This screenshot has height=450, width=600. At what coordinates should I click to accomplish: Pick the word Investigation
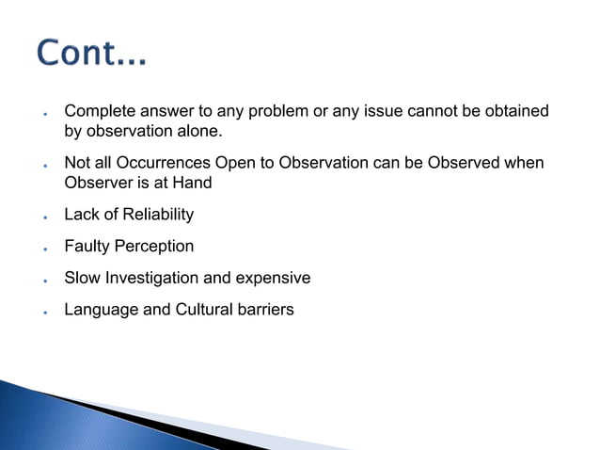pyautogui.click(x=150, y=279)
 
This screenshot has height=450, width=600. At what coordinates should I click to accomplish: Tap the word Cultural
pyautogui.click(x=206, y=310)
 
